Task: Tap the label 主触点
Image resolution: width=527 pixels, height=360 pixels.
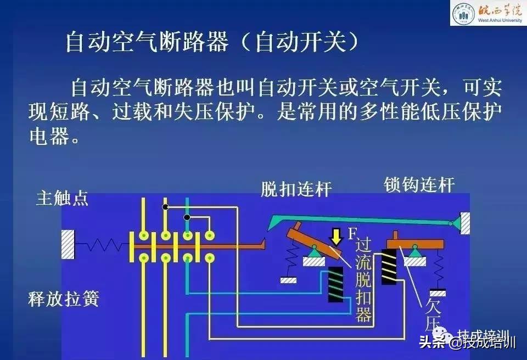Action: [61, 198]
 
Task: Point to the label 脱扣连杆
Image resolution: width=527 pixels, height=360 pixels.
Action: [296, 190]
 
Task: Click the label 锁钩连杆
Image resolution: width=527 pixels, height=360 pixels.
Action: [419, 185]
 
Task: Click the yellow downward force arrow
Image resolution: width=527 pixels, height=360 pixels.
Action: [334, 237]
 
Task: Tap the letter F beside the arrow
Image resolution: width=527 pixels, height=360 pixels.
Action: [352, 234]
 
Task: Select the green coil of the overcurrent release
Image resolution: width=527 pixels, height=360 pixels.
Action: [335, 284]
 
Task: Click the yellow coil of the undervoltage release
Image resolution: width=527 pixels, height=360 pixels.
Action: [389, 267]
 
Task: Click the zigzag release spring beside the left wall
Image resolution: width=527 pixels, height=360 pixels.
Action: [102, 244]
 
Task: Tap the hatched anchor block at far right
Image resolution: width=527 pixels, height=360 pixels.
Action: [465, 222]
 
